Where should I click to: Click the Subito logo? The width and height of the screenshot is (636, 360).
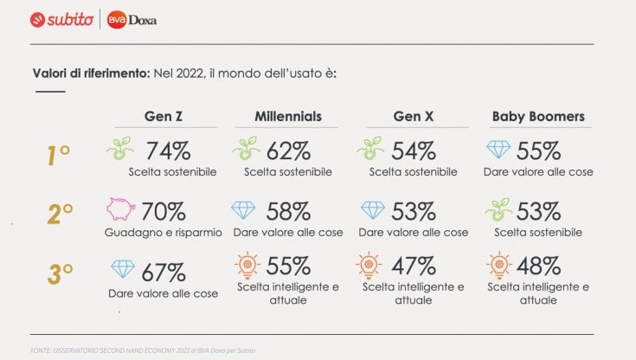(61, 20)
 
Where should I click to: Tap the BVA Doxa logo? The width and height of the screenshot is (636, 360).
(132, 20)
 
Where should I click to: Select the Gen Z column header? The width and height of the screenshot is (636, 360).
(164, 117)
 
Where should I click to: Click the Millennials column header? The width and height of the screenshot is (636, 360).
(288, 117)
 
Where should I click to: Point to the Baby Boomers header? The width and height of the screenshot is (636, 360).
(538, 117)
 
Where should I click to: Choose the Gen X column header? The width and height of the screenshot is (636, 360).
(414, 117)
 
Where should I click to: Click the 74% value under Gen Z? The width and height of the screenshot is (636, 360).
(169, 151)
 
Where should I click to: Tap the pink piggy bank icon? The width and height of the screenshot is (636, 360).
(120, 209)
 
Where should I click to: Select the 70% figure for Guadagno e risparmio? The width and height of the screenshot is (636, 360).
(164, 212)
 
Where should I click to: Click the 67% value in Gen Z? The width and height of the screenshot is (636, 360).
(164, 273)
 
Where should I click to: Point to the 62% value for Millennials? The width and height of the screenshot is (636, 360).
(288, 151)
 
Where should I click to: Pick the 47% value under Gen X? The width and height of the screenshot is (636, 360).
(414, 267)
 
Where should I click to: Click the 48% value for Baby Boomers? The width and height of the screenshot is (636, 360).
(538, 267)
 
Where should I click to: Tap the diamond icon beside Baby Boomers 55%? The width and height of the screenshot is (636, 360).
(498, 150)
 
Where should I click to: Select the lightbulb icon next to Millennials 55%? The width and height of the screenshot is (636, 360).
(247, 266)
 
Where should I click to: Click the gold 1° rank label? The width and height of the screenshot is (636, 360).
(59, 156)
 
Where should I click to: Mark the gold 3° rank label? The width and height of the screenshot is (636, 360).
(60, 274)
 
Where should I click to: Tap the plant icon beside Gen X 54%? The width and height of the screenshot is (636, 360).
(370, 148)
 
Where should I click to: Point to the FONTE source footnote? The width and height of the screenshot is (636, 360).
(143, 350)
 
